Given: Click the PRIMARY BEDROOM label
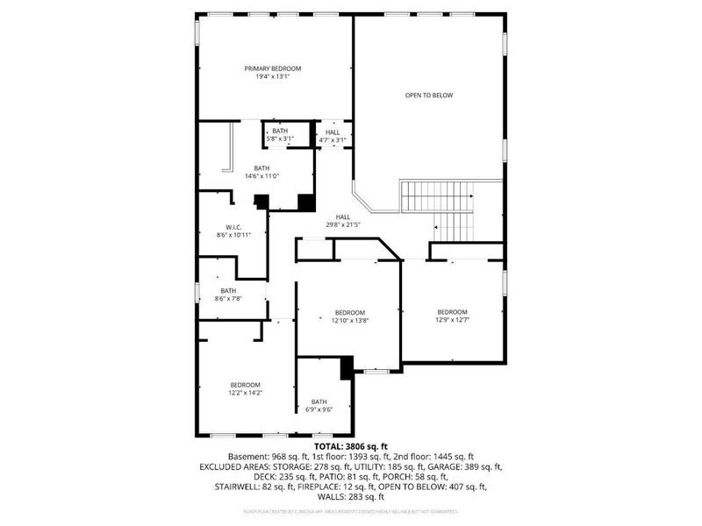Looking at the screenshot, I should [273, 68].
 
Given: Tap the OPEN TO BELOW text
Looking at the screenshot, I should [428, 95].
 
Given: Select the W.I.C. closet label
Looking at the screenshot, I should [233, 226].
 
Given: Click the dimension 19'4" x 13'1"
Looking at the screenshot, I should [273, 77].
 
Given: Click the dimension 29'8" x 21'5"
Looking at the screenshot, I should [342, 225].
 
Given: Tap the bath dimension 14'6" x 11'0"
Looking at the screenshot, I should [261, 176].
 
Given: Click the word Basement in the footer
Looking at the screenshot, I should [247, 457].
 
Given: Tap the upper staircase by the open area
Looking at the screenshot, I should [436, 196].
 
